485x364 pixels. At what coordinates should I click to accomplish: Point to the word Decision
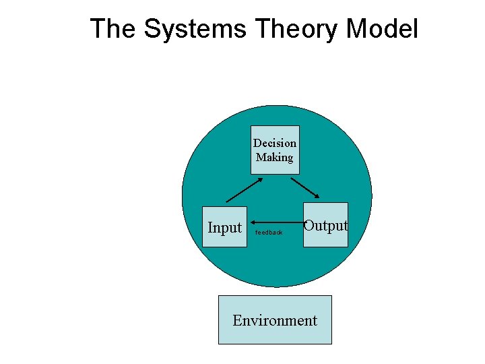click(x=275, y=143)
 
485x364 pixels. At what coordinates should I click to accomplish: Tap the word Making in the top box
click(x=275, y=157)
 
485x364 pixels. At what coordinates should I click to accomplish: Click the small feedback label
click(x=269, y=233)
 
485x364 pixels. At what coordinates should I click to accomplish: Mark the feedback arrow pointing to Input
click(x=276, y=220)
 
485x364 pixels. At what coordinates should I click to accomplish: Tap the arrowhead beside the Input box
click(x=251, y=220)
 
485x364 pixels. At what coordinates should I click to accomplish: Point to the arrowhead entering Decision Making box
click(x=259, y=180)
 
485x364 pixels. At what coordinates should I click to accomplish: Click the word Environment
click(x=275, y=320)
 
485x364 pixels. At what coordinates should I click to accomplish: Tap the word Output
click(x=325, y=226)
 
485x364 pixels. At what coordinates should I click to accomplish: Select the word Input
click(x=224, y=228)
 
